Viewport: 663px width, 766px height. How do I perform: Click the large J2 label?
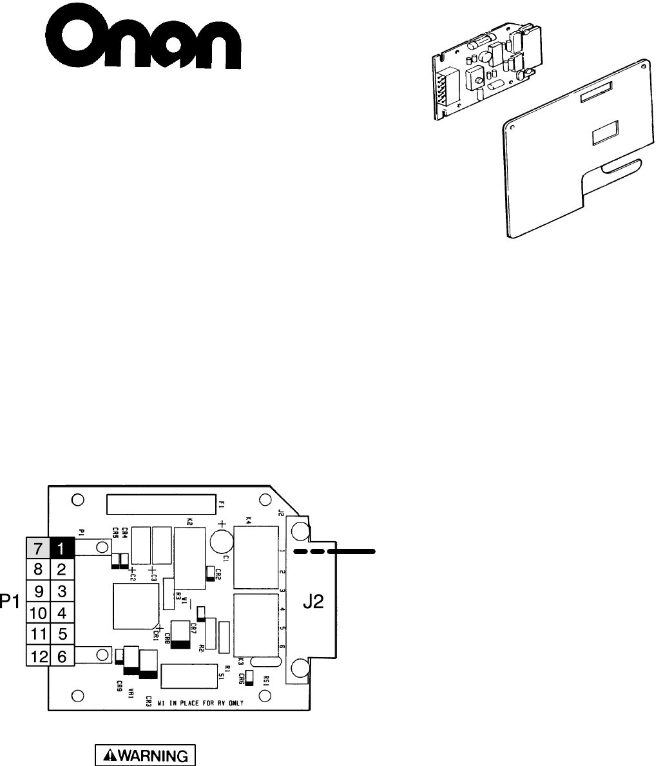tap(315, 604)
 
